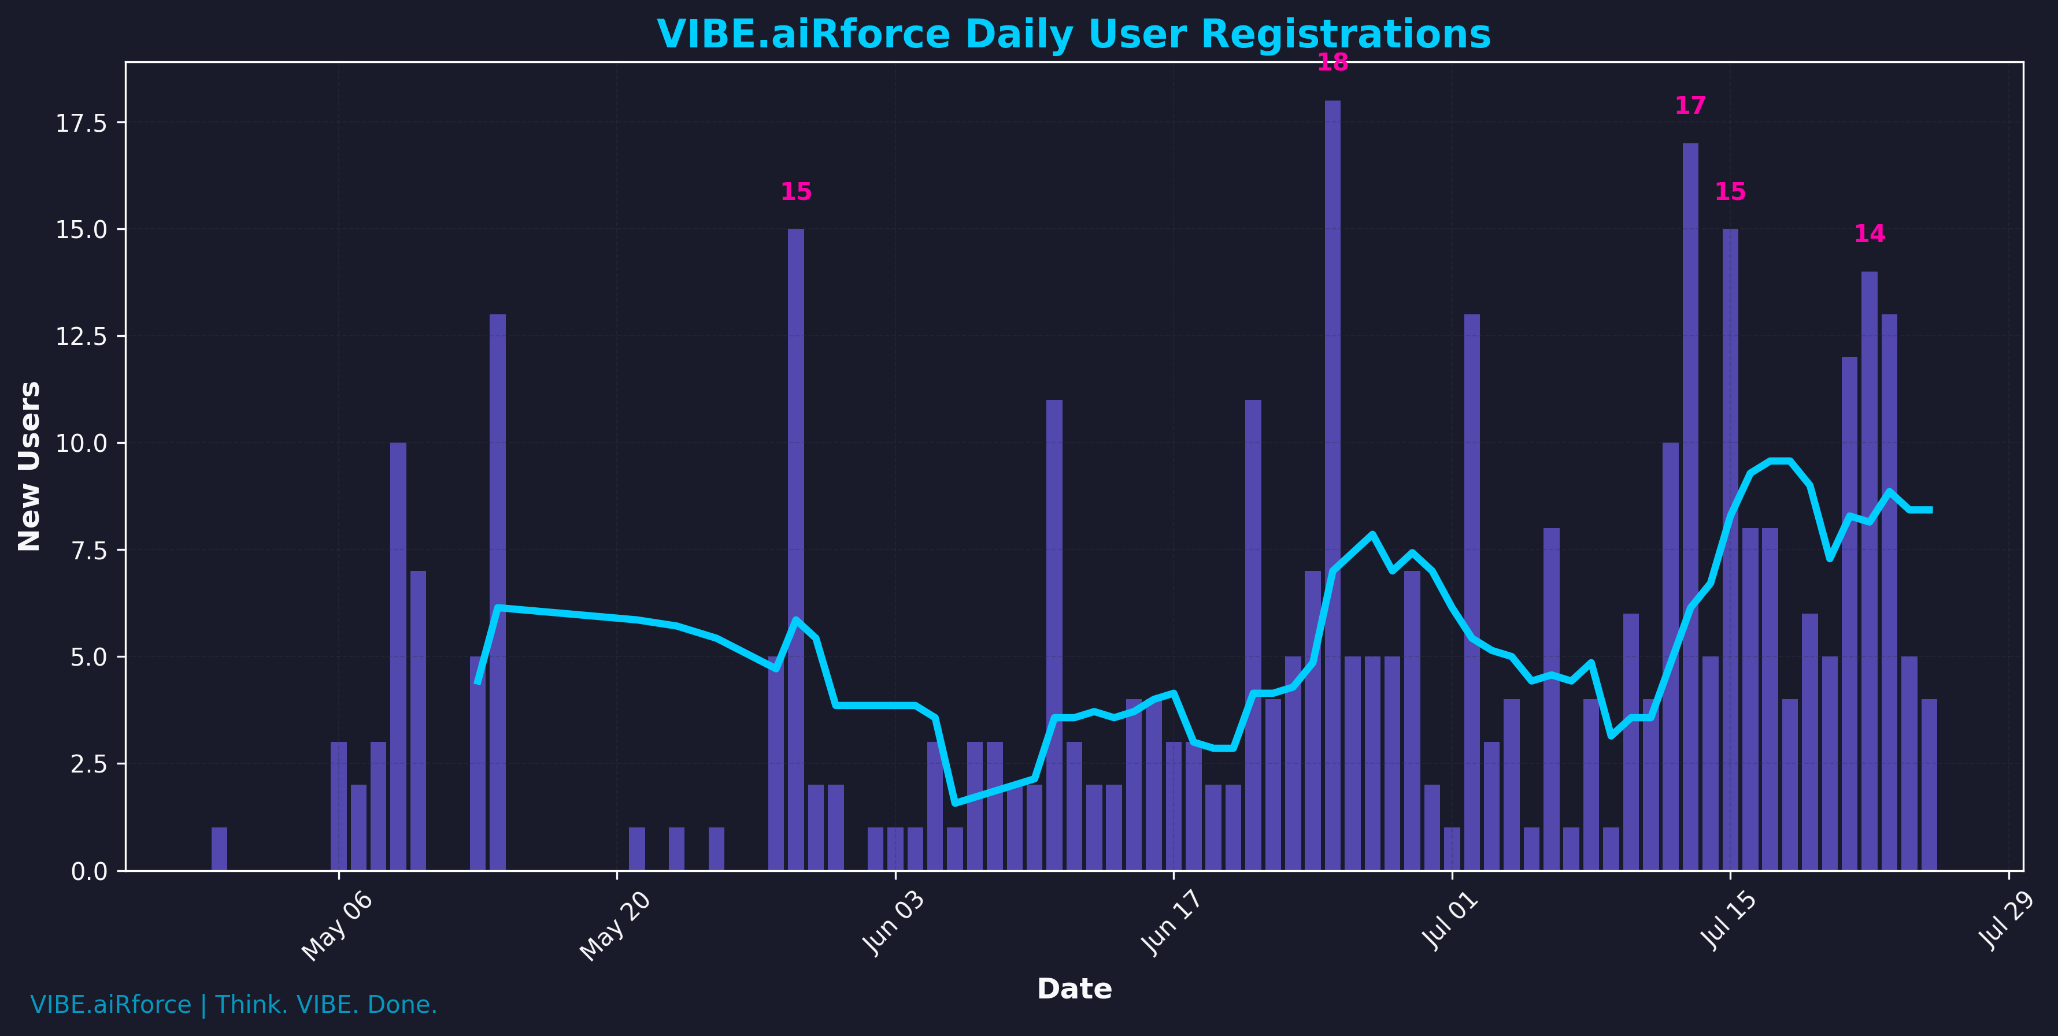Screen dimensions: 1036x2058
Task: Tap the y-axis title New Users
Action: point(29,466)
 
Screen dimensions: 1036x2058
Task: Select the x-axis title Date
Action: point(1074,989)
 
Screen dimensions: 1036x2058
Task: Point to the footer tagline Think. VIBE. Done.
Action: point(326,1005)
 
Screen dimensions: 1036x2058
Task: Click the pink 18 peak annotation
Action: point(1332,62)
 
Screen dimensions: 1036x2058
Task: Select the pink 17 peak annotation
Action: point(1690,105)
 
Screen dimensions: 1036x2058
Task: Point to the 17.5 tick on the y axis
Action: point(81,123)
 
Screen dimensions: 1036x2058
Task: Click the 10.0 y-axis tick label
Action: point(81,443)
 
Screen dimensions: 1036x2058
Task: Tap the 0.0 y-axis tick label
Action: point(88,871)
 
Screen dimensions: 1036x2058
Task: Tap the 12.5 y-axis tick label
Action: point(81,336)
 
